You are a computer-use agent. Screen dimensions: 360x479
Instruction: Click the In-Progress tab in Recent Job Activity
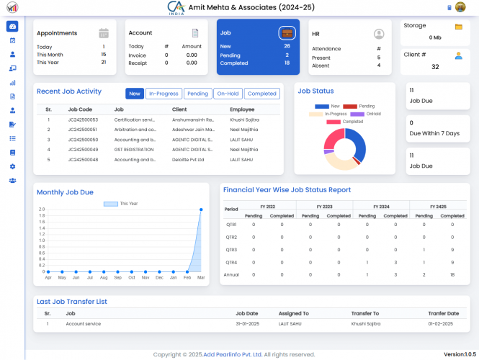[163, 94]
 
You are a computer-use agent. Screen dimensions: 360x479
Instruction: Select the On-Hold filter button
[228, 94]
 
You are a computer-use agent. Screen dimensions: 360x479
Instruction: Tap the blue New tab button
[134, 94]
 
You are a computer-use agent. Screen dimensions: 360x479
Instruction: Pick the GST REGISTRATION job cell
[134, 149]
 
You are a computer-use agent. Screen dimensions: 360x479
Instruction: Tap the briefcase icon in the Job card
[287, 33]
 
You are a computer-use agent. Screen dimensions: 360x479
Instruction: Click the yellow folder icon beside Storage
[458, 27]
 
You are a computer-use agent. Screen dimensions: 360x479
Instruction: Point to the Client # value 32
[435, 67]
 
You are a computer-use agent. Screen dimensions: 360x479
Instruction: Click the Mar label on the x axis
[200, 277]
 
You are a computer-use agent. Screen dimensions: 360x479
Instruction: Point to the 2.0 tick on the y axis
[42, 210]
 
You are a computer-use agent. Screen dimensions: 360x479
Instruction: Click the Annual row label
[231, 274]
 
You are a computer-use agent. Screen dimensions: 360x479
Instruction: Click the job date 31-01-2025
[247, 324]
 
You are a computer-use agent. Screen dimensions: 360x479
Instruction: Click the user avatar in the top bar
[461, 7]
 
